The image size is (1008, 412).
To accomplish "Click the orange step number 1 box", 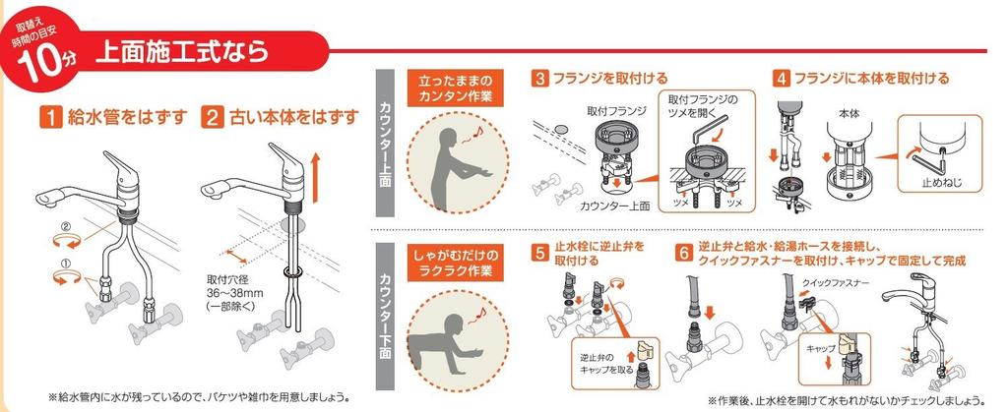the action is pyautogui.click(x=50, y=117).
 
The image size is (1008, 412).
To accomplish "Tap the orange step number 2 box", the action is pyautogui.click(x=212, y=117).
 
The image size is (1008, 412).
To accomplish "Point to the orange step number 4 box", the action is pyautogui.click(x=782, y=79).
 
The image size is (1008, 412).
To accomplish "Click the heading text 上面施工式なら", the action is pyautogui.click(x=182, y=51).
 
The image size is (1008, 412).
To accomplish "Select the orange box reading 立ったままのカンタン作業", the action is pyautogui.click(x=455, y=89).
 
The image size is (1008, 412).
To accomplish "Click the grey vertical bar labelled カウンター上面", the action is pyautogui.click(x=385, y=143).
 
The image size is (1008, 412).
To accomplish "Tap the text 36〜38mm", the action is pyautogui.click(x=235, y=293).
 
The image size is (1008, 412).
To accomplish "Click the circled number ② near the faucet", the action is pyautogui.click(x=65, y=226).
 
